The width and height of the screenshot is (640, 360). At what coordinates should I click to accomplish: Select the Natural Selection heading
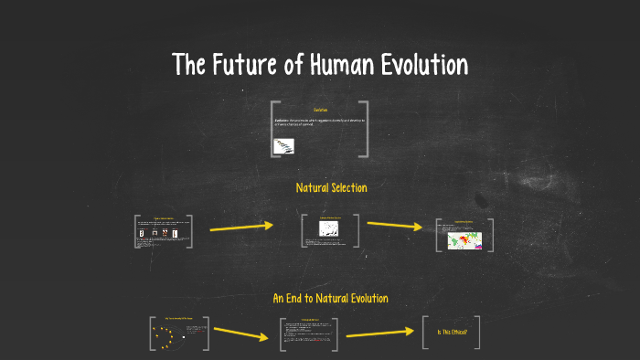pos(331,188)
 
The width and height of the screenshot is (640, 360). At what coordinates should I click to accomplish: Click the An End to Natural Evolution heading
pos(330,299)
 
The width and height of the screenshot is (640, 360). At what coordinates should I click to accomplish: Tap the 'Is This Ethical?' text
pos(453,333)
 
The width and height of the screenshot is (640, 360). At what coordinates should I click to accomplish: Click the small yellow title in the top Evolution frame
pos(320,111)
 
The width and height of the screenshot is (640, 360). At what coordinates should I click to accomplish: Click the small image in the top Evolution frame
pos(283,144)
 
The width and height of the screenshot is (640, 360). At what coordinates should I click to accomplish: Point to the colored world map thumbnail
pos(465,239)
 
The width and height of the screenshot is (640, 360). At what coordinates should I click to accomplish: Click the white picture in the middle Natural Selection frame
pos(330,229)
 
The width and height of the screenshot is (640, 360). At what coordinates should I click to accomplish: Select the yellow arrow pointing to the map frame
pos(394,226)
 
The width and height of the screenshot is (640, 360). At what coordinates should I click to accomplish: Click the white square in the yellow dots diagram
pos(184,336)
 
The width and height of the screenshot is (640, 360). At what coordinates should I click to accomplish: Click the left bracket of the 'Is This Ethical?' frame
pos(425,333)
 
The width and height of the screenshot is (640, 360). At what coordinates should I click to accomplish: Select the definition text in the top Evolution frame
pos(319,122)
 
